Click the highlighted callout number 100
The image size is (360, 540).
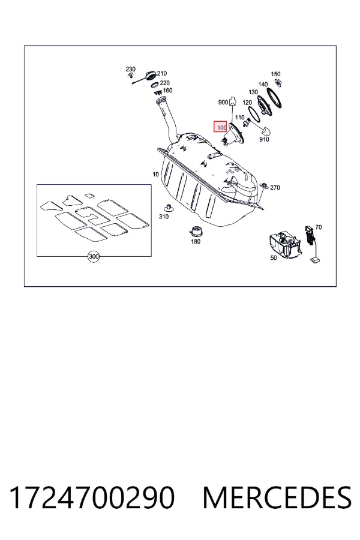pos(221,128)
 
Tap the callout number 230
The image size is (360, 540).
pos(131,69)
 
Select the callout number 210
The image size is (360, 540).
pos(162,73)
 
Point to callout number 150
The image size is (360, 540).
pos(275,74)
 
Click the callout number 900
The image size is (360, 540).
pos(223,102)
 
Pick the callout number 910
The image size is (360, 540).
pos(264,139)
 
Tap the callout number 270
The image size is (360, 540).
pos(275,188)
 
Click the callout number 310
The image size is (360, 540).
pos(164,217)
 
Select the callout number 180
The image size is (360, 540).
pos(196,241)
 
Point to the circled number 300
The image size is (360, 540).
pos(94,257)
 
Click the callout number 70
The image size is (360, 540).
pos(319,227)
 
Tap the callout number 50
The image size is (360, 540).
pos(274,258)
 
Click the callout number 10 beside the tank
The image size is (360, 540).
pos(156,174)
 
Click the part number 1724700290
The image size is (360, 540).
pos(92,498)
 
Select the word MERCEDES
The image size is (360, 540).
pos(277,498)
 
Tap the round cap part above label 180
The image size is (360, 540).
pos(196,231)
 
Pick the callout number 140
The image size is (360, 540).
pos(263,85)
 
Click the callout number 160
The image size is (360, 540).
pos(167,91)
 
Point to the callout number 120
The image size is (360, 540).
pos(247,103)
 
